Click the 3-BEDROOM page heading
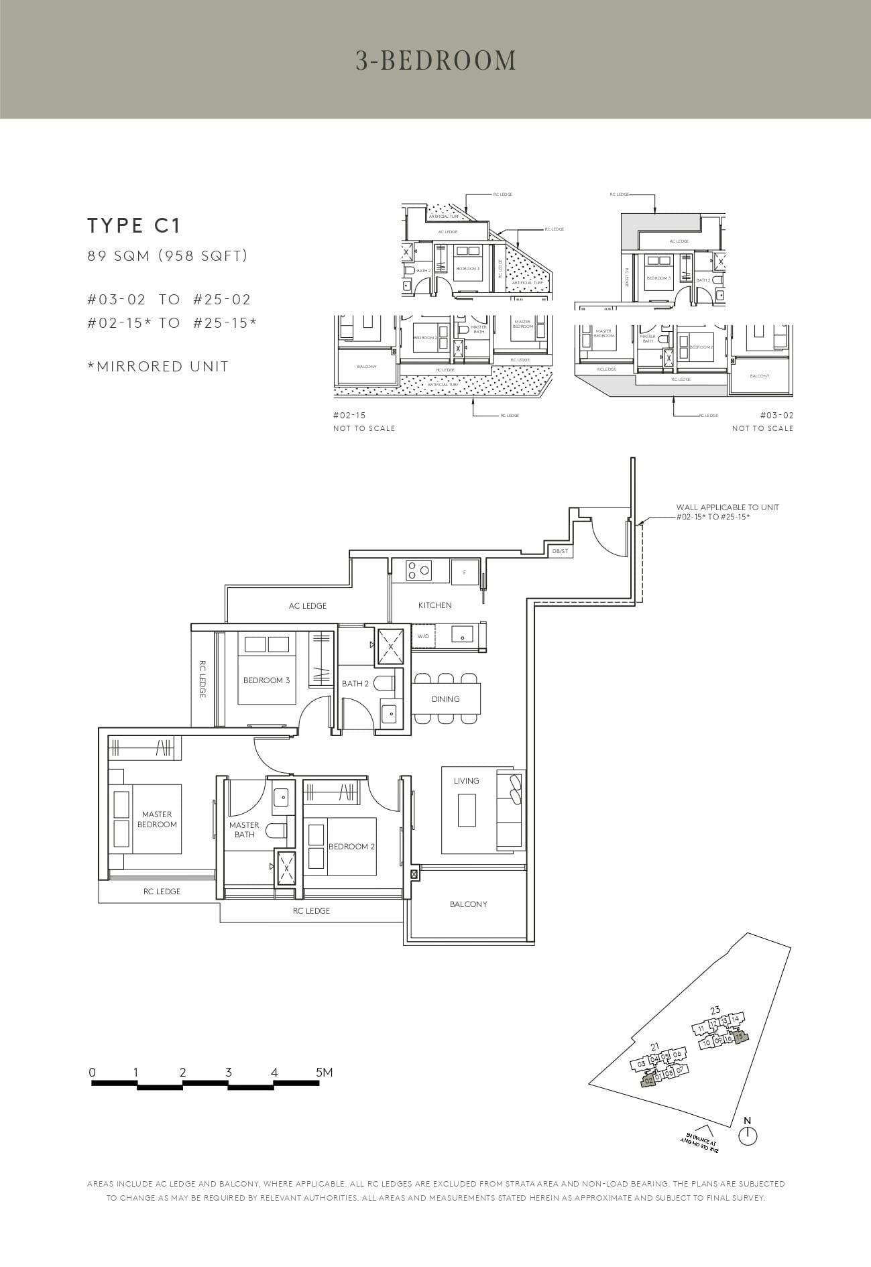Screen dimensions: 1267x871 click(x=436, y=60)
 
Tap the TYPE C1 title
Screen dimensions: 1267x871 click(x=134, y=226)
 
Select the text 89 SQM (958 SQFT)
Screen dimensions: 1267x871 click(x=168, y=255)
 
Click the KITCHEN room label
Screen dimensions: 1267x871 click(x=435, y=605)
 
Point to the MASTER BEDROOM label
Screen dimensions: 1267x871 click(x=157, y=819)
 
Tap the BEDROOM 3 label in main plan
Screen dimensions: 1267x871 click(x=266, y=680)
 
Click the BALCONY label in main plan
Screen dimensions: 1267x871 click(x=468, y=904)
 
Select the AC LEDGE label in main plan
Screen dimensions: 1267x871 click(x=308, y=606)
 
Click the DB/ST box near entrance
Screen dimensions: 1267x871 click(x=560, y=551)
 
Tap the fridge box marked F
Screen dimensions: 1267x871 click(x=465, y=572)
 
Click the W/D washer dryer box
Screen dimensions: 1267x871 click(x=423, y=636)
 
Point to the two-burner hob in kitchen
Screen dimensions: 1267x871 click(x=418, y=571)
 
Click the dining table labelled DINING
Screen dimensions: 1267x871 click(x=446, y=699)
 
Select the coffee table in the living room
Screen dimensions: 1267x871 click(x=467, y=810)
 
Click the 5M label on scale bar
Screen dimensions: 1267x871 click(x=324, y=1073)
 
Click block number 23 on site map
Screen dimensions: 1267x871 click(x=715, y=1010)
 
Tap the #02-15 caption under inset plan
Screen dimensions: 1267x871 click(x=349, y=416)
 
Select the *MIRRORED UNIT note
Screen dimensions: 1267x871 click(x=158, y=367)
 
